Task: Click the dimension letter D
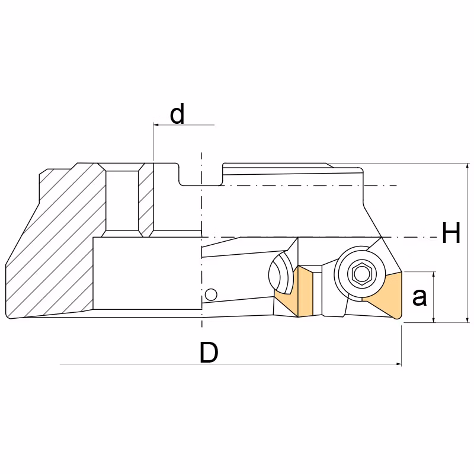tap(209, 353)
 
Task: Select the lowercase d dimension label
tap(177, 114)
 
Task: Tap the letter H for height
tap(451, 232)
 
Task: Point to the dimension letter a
tap(419, 297)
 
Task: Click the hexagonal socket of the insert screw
tap(360, 274)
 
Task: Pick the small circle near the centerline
tap(211, 294)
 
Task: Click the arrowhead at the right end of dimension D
tap(399, 364)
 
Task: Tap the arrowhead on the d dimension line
tap(156, 124)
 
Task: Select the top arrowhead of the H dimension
tap(467, 166)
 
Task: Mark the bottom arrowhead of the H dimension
tap(467, 319)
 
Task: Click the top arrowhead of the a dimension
tap(434, 274)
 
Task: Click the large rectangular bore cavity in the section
tap(147, 273)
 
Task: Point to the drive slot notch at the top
tap(200, 174)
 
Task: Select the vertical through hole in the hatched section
tap(122, 200)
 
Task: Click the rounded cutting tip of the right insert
tap(398, 316)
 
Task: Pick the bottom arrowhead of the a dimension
tap(434, 319)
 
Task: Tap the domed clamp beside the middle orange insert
tap(281, 273)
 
